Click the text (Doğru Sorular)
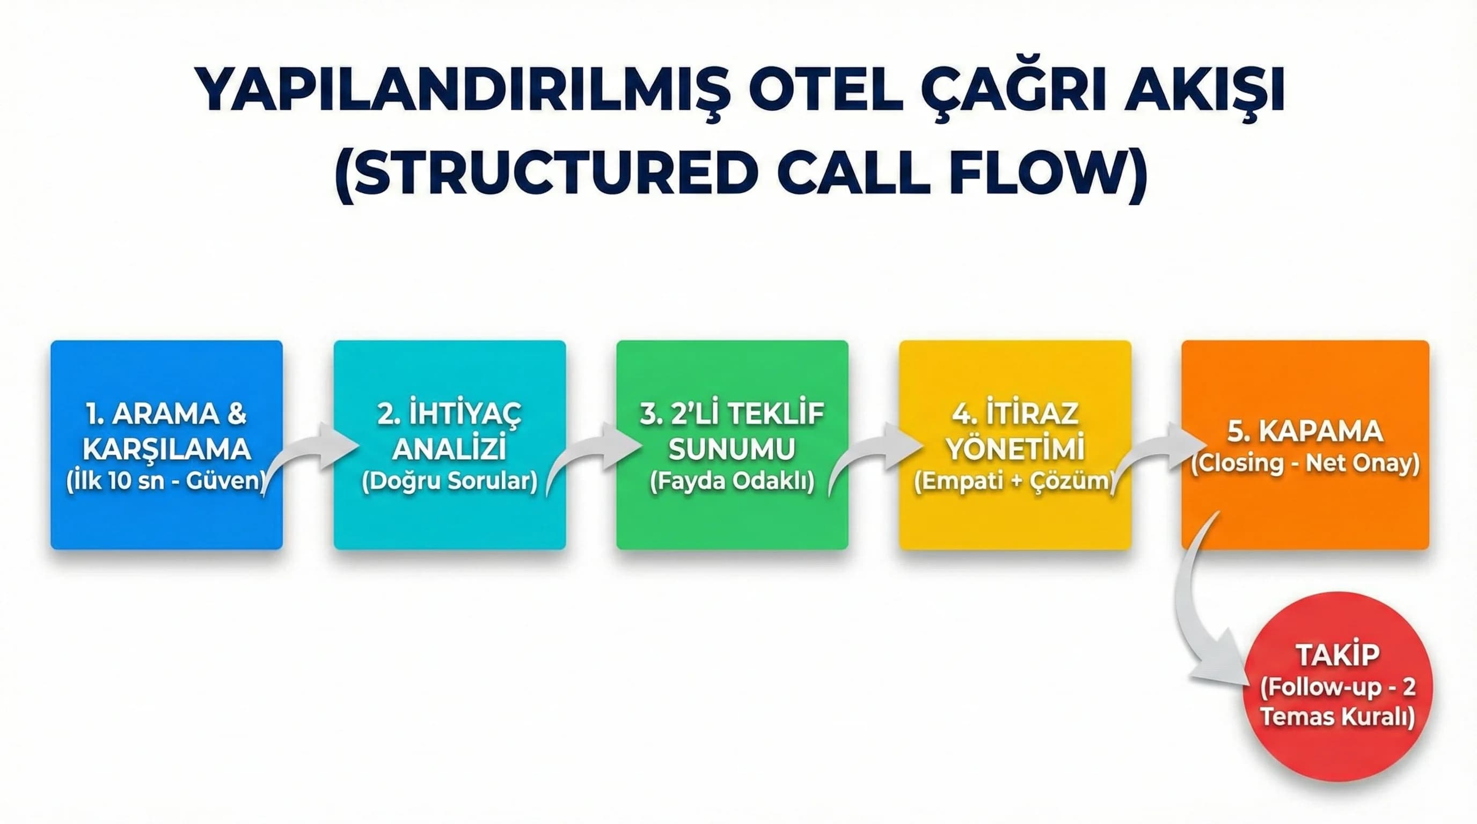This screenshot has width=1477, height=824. coord(450,481)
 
